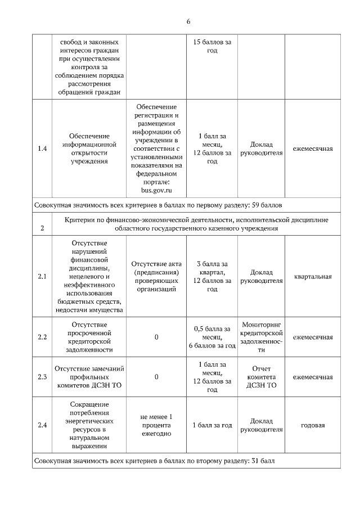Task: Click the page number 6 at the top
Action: tap(188, 21)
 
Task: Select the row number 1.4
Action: tap(42, 148)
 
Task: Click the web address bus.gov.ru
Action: tap(156, 190)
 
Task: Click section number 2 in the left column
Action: tap(42, 228)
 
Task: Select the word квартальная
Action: tap(312, 276)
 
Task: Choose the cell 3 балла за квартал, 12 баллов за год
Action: tap(211, 276)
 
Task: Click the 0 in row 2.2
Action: tap(156, 337)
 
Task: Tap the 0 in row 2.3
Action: tap(156, 377)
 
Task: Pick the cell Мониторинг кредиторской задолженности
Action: tap(262, 337)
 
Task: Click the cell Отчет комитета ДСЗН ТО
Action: tap(262, 377)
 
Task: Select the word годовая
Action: tap(312, 425)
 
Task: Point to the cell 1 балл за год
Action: tap(211, 425)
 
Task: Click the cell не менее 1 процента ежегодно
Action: tap(156, 425)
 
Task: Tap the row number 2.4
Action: tap(42, 425)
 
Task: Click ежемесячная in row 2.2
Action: tap(312, 337)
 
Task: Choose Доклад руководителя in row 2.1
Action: tap(262, 276)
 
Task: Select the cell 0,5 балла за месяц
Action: tap(211, 337)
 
